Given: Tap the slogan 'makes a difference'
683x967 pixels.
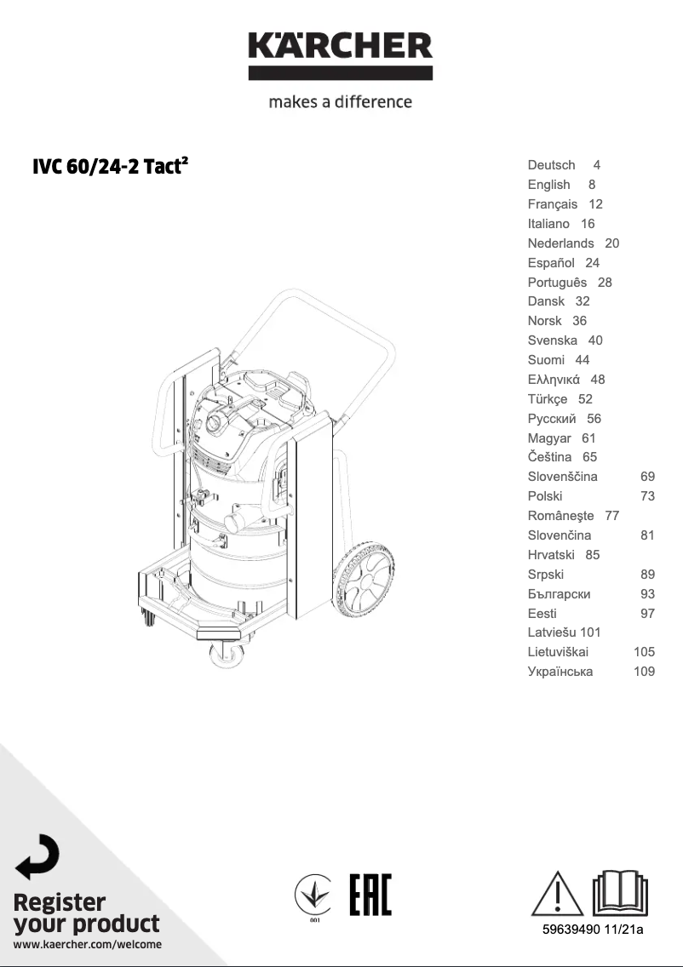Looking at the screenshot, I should pyautogui.click(x=341, y=102).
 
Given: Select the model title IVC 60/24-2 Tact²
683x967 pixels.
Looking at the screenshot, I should pyautogui.click(x=110, y=166).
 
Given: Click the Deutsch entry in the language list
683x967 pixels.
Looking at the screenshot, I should pyautogui.click(x=551, y=165).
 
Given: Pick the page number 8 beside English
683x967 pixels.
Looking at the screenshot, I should pyautogui.click(x=591, y=185).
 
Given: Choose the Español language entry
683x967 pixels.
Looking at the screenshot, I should pyautogui.click(x=550, y=263).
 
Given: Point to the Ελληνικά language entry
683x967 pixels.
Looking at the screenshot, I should pyautogui.click(x=554, y=380).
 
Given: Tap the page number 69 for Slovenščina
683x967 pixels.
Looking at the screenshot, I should pyautogui.click(x=647, y=477).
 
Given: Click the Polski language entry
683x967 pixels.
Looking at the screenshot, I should pyautogui.click(x=545, y=496).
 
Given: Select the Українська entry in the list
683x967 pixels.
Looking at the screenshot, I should pyautogui.click(x=560, y=672).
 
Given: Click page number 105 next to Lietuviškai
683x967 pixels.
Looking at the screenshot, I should pyautogui.click(x=644, y=652).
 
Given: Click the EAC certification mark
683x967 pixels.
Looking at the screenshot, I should pyautogui.click(x=370, y=895).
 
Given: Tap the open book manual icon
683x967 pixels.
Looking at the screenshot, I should pyautogui.click(x=620, y=892).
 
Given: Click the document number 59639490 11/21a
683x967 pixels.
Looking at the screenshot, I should pyautogui.click(x=593, y=930).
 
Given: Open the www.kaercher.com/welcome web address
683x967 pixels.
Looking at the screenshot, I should pyautogui.click(x=87, y=944).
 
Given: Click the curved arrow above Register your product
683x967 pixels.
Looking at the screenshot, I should pyautogui.click(x=37, y=856).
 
